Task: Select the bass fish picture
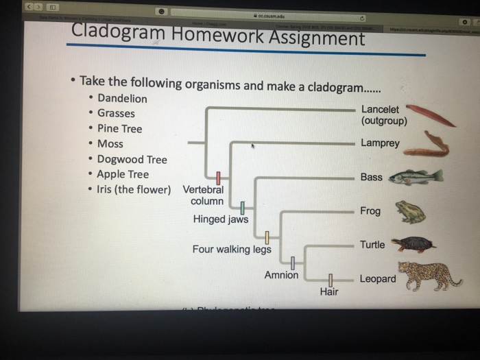[416, 177]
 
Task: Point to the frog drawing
[411, 212]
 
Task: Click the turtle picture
[413, 244]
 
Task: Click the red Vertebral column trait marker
[219, 178]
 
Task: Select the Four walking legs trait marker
[268, 238]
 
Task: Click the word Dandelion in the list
[122, 98]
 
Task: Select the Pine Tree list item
[119, 128]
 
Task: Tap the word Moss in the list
[110, 144]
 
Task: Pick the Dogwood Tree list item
[132, 159]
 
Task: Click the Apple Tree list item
[123, 174]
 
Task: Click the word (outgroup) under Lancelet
[384, 121]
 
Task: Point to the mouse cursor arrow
[253, 146]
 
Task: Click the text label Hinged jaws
[221, 219]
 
